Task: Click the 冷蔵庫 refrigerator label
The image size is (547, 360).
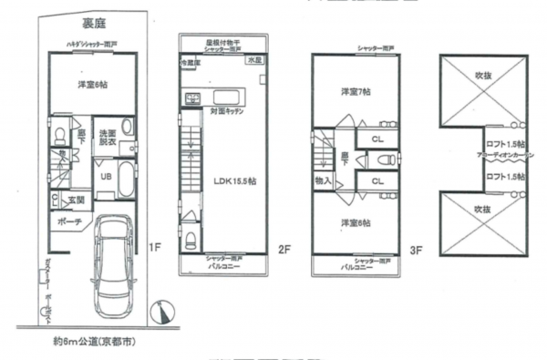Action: [x=189, y=63]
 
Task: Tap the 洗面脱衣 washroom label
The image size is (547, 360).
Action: [x=107, y=138]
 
